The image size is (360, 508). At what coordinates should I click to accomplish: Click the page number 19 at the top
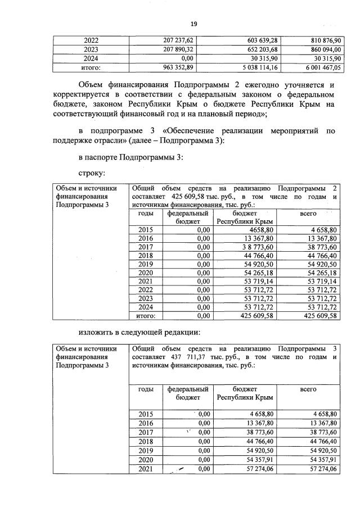pos(193,23)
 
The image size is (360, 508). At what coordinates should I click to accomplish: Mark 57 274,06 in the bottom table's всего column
pos(319,469)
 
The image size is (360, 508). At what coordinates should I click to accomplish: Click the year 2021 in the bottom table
pos(146,469)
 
